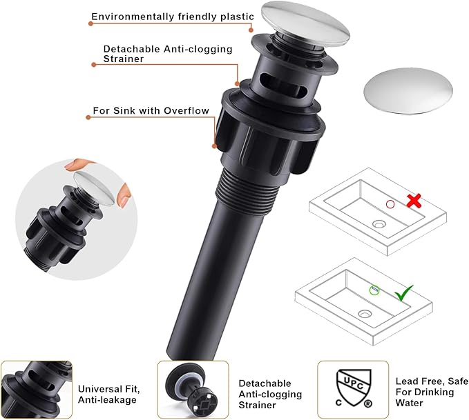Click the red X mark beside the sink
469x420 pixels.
coord(414,201)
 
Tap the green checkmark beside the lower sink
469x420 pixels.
coord(403,293)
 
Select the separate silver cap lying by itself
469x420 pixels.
coord(408,91)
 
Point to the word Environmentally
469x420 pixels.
coord(133,17)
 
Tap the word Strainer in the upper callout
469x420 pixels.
coord(124,59)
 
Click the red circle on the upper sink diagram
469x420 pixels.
coord(390,204)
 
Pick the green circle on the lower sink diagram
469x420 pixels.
coord(374,290)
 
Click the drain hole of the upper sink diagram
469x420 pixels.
coord(379,223)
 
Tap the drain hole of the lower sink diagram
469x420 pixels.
coord(365,314)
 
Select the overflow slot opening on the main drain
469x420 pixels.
coord(282,84)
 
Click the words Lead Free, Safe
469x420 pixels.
coord(432,381)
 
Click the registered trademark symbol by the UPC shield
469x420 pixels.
coord(367,404)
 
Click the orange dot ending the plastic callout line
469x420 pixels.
coord(251,30)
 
